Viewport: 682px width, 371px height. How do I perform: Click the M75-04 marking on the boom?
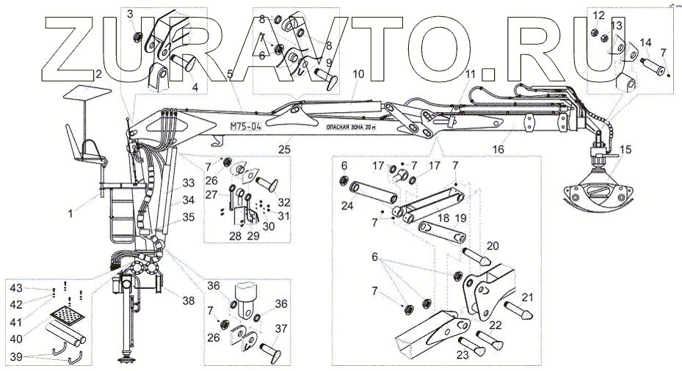(x=245, y=125)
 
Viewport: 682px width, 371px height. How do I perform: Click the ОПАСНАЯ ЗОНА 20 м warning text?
(x=354, y=127)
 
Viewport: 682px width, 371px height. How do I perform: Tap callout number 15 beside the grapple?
(x=625, y=152)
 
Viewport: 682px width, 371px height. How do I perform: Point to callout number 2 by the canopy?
(x=96, y=73)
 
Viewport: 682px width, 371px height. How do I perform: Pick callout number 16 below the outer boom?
(x=498, y=149)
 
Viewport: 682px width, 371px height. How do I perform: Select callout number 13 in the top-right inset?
(x=615, y=26)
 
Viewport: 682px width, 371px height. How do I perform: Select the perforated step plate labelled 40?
(x=68, y=316)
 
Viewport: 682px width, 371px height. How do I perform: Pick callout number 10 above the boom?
(x=358, y=74)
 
